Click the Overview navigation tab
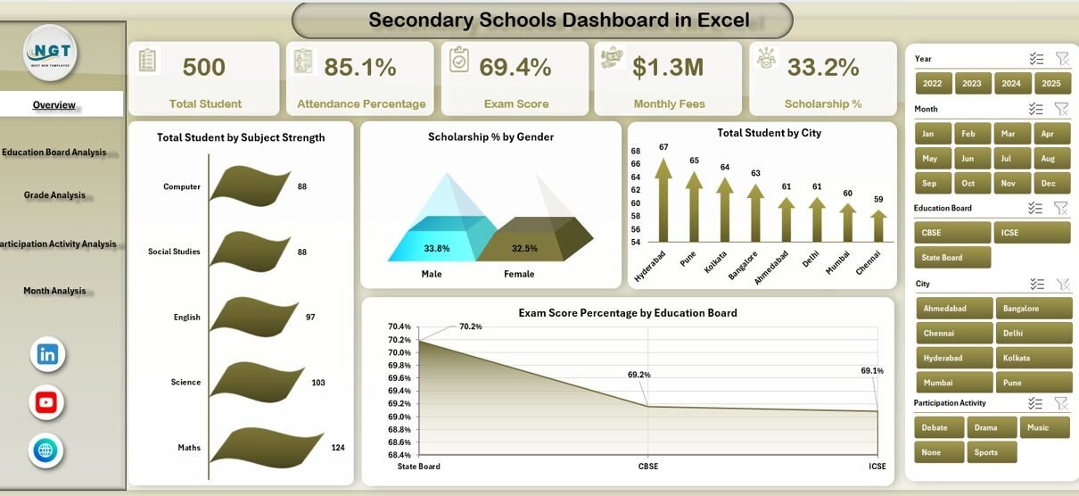54,104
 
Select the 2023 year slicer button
972,84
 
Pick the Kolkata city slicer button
1034,358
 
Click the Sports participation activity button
992,452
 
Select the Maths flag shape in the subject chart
266,447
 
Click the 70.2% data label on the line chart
471,327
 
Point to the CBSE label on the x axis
649,466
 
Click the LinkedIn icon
47,354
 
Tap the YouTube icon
46,402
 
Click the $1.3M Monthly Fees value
668,67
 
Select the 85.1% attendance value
360,67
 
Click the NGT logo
51,53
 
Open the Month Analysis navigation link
54,291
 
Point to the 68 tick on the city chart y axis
635,151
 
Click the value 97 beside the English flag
310,318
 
